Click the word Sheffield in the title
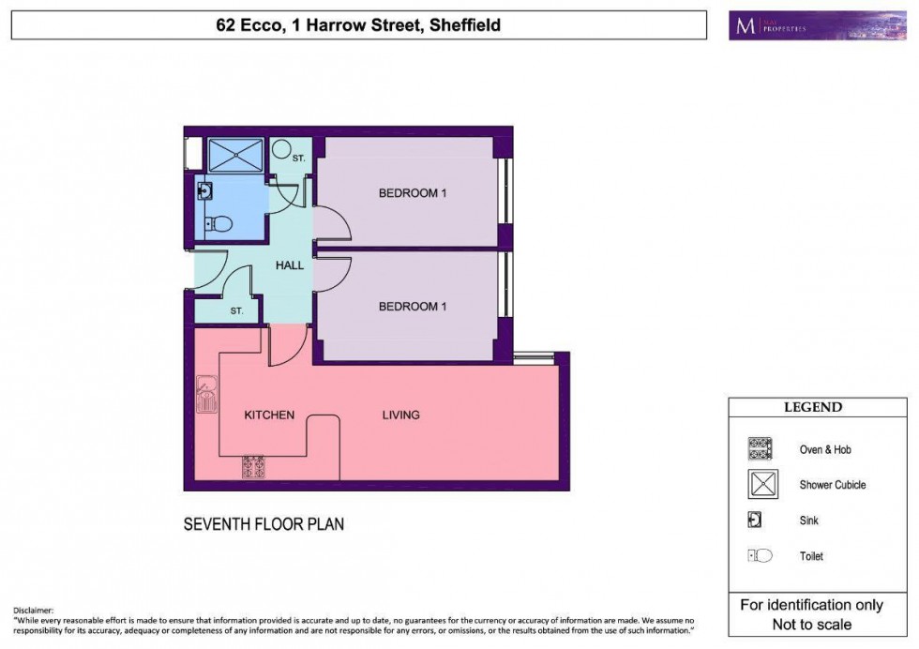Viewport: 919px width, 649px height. pos(464,25)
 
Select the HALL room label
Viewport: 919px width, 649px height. pos(290,265)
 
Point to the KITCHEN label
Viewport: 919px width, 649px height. pos(270,415)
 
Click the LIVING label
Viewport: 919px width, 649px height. pos(400,415)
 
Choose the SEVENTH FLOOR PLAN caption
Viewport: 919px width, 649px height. pos(264,524)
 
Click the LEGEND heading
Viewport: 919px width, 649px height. pos(813,408)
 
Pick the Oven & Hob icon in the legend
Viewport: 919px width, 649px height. pos(760,449)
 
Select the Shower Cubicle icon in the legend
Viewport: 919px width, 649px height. pos(760,485)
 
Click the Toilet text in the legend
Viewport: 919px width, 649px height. pos(811,556)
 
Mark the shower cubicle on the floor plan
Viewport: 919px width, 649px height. pos(235,155)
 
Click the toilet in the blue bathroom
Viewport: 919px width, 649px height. pos(220,224)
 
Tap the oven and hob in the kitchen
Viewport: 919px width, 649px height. pos(253,466)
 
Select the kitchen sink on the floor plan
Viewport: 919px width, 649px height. pos(205,395)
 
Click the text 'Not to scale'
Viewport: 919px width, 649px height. pos(811,625)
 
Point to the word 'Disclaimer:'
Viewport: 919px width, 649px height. pos(34,610)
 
